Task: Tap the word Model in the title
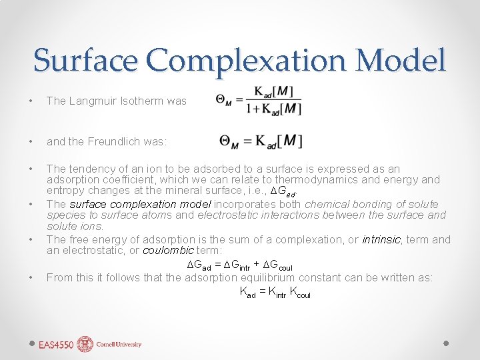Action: [x=401, y=60]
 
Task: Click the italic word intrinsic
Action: [x=381, y=239]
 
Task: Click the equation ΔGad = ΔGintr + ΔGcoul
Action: [x=239, y=265]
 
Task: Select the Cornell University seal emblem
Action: [x=85, y=344]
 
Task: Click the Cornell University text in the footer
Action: [x=119, y=345]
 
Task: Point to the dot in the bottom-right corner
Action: [x=447, y=343]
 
